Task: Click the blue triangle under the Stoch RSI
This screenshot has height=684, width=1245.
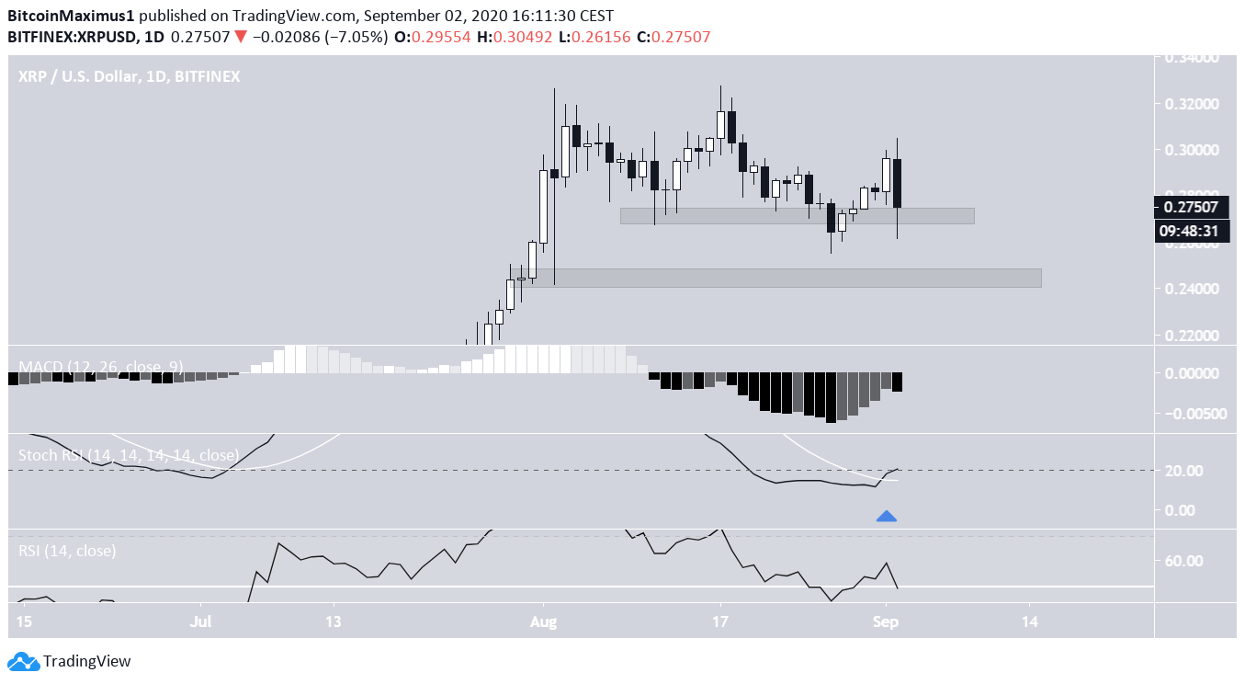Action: (x=886, y=517)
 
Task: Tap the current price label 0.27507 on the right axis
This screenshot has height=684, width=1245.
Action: (x=1191, y=207)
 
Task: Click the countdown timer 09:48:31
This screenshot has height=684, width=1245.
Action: (x=1191, y=231)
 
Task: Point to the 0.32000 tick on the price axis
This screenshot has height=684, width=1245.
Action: (x=1191, y=104)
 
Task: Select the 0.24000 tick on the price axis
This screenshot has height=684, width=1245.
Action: (x=1191, y=290)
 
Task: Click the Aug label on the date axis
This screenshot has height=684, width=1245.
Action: (x=544, y=621)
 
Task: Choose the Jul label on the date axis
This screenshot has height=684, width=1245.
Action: (x=201, y=621)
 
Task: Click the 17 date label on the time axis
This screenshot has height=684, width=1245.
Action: (x=720, y=621)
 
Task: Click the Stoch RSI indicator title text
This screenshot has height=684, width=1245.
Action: (x=129, y=455)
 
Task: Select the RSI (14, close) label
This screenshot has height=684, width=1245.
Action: (x=67, y=552)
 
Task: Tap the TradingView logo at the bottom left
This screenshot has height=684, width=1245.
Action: (x=70, y=661)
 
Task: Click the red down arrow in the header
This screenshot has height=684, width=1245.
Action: (x=240, y=37)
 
